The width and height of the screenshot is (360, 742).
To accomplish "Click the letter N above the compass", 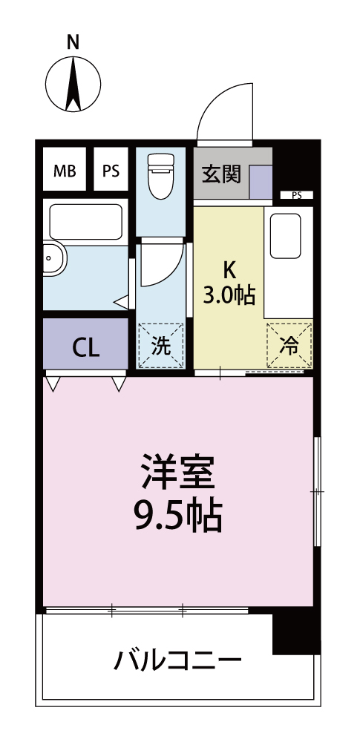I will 73,43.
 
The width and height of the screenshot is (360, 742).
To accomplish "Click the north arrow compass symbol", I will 73,84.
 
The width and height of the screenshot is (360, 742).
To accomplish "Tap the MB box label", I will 65,171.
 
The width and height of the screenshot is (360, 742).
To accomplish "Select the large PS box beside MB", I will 111,171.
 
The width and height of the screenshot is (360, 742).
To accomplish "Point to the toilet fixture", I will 159,177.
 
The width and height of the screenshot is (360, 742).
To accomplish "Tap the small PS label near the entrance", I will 297,196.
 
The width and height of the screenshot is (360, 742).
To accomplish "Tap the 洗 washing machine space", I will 160,345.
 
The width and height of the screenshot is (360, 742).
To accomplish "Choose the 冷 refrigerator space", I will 289,344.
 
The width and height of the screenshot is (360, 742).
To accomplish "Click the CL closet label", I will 85,347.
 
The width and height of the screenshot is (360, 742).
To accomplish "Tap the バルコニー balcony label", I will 177,659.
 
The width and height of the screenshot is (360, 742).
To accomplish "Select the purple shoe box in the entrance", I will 260,182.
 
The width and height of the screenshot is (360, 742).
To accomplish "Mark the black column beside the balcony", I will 295,633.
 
